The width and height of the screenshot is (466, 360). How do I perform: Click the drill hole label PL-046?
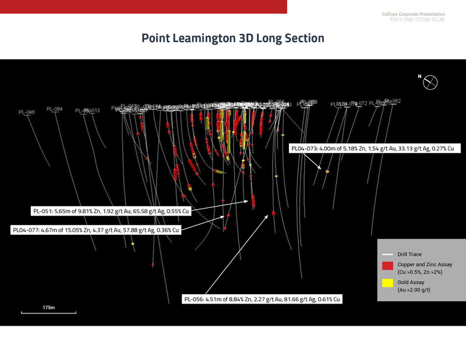pos(27,112)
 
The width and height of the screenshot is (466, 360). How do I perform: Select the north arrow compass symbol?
pos(430,83)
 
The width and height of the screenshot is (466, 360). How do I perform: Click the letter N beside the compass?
pos(419,76)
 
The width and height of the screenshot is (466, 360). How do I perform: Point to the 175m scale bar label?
pos(48,307)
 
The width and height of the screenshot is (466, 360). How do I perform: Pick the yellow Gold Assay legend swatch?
pos(387,283)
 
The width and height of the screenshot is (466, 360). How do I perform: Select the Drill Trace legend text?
pos(409,254)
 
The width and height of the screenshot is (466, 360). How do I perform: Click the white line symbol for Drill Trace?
pos(387,255)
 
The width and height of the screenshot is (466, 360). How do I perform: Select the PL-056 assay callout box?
pos(261,299)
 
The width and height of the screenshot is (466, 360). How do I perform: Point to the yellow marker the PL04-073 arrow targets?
pos(327,171)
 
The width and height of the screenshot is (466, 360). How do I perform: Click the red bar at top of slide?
pos(143,6)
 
